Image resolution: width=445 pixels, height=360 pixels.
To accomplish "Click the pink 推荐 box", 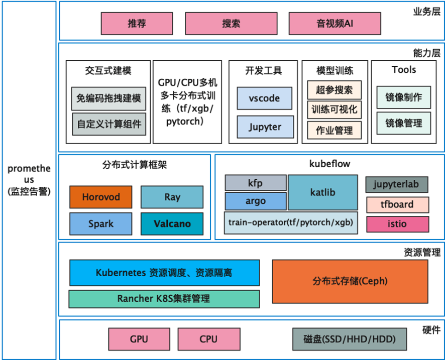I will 137,24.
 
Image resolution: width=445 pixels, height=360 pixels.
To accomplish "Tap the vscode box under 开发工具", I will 264,98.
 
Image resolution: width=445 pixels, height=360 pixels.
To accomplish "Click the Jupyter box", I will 264,127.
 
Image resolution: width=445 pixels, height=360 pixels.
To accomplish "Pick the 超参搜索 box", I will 334,90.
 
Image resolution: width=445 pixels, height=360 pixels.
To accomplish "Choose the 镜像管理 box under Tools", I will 403,123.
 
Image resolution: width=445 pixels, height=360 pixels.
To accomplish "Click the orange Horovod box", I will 101,197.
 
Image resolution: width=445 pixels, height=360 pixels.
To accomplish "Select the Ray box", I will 172,197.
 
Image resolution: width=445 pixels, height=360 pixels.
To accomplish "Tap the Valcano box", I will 172,224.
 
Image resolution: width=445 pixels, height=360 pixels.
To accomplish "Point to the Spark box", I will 101,224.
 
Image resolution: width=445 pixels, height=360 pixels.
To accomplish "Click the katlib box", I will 322,192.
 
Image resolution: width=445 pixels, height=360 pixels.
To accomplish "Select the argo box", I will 255,201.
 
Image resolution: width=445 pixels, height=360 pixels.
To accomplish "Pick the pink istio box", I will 397,224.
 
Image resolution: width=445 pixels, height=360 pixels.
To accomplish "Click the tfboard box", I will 397,205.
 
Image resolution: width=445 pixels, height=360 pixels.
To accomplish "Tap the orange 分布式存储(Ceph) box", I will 350,281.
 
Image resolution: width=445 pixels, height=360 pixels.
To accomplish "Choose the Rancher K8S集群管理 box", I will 164,299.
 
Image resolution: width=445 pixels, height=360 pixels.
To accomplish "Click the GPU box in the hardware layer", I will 139,339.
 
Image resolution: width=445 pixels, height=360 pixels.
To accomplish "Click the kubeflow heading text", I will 329,164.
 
